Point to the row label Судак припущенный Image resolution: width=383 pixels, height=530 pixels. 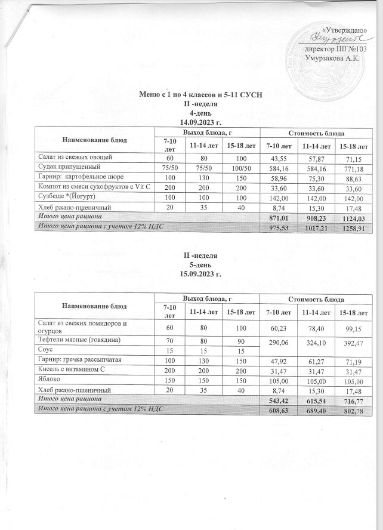point(60,167)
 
